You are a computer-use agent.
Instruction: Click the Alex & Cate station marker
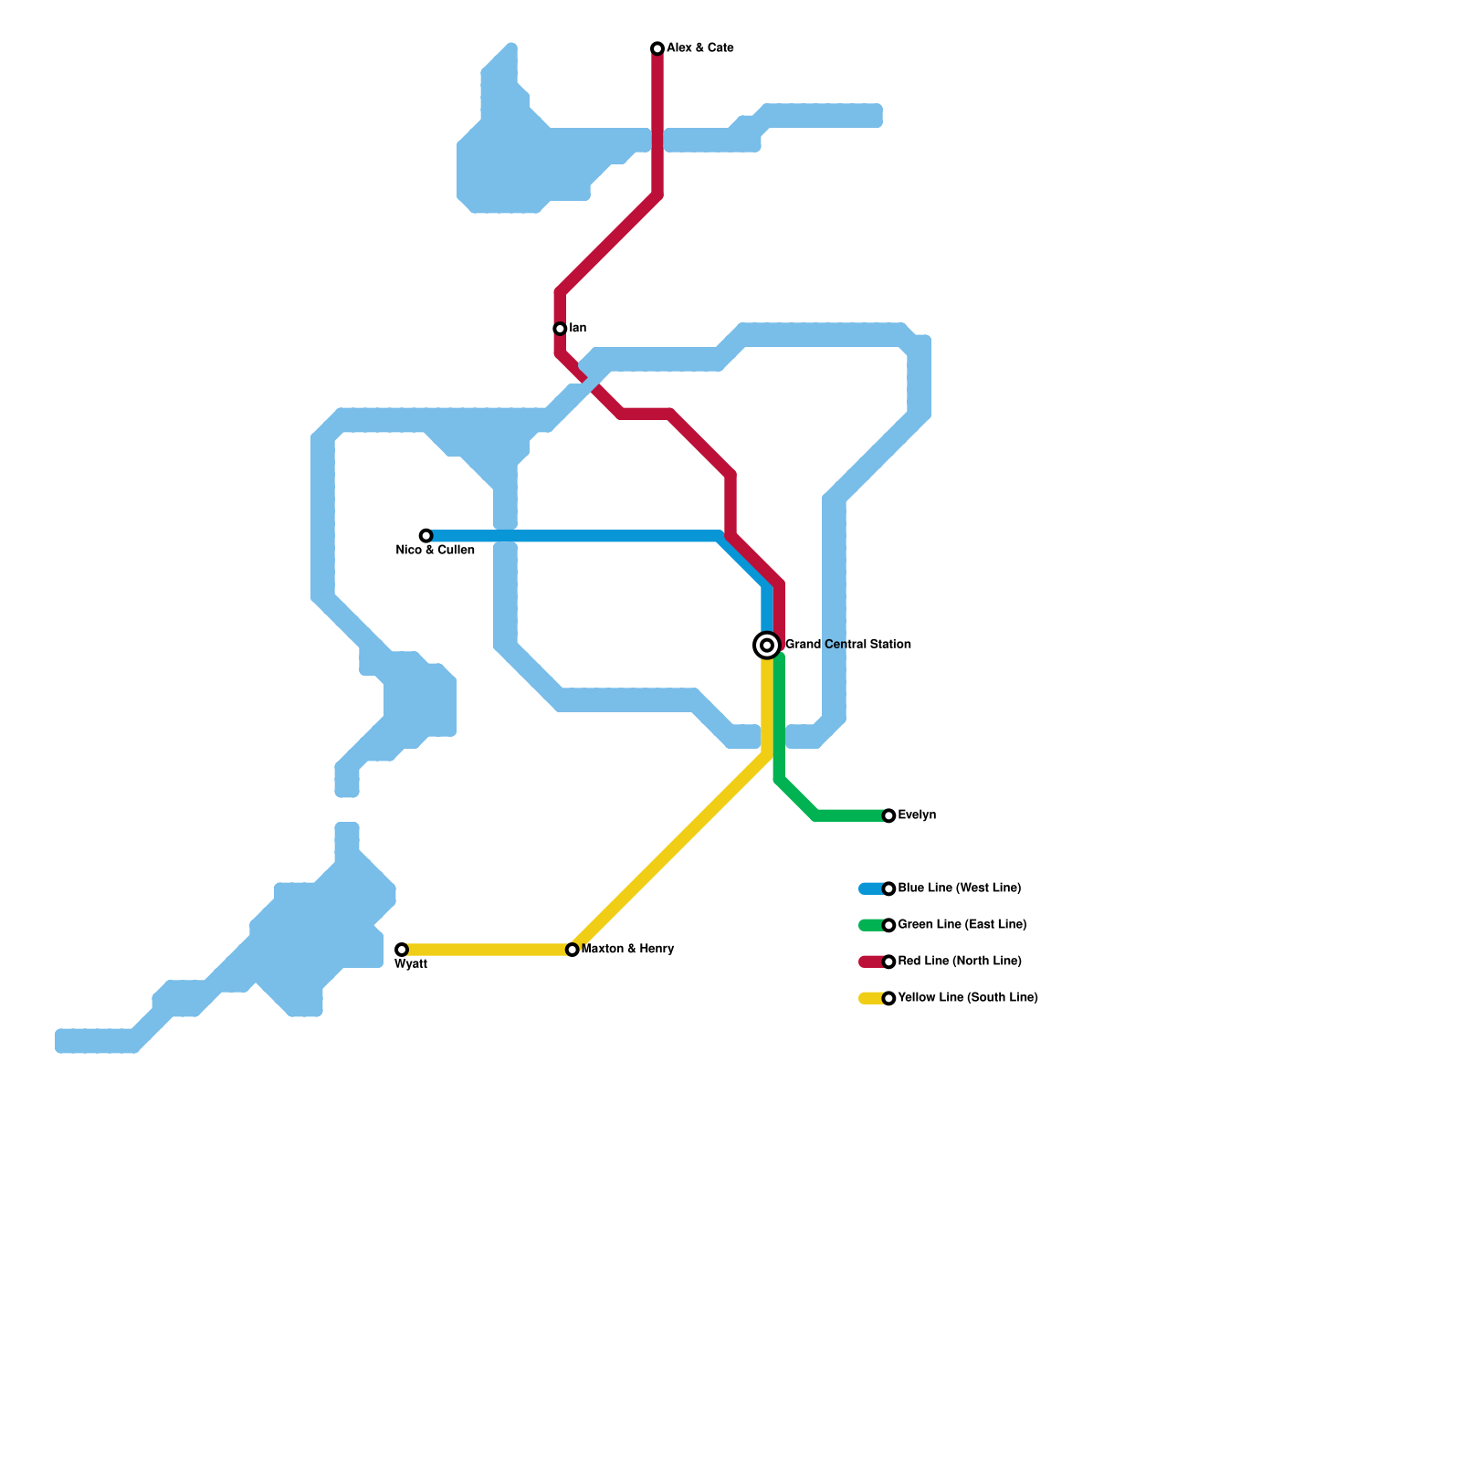657,48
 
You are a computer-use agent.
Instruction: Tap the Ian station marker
560,329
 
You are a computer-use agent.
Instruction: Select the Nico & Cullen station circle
426,536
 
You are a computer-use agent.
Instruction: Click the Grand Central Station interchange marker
767,646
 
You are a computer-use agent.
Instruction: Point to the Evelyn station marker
888,815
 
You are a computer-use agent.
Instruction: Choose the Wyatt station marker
402,950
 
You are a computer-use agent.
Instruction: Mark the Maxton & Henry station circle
572,950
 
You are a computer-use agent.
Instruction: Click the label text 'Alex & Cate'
699,48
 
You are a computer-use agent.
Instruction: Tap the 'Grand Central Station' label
847,645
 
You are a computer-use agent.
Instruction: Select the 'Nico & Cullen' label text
435,551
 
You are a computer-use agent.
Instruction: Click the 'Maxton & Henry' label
627,950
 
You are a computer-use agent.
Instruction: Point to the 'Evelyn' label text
917,815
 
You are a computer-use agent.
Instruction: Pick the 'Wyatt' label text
411,964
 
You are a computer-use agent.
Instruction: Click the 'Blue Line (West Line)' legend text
959,888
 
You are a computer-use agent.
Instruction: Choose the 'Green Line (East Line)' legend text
962,925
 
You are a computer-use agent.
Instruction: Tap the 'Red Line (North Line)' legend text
959,962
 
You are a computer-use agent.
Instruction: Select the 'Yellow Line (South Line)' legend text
967,998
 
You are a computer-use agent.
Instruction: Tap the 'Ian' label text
577,329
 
